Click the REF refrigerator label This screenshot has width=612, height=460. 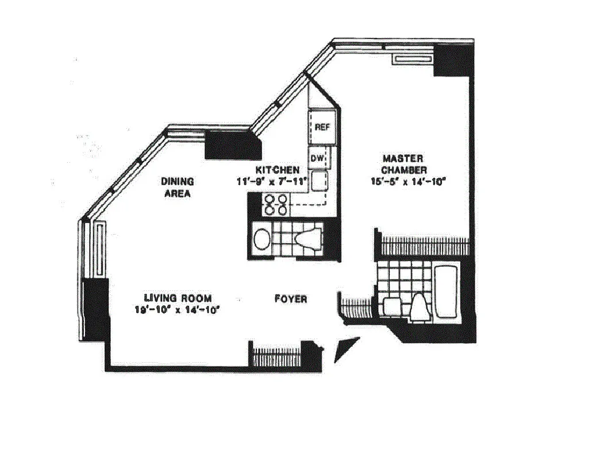322,128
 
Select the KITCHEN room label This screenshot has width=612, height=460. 278,170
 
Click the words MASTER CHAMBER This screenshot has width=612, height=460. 404,164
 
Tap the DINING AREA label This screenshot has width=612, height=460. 178,187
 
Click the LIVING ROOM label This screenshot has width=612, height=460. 178,298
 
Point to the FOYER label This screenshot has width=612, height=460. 290,299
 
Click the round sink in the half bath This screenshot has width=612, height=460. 261,239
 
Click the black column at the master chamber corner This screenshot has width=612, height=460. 451,60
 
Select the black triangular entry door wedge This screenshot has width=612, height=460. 346,349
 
